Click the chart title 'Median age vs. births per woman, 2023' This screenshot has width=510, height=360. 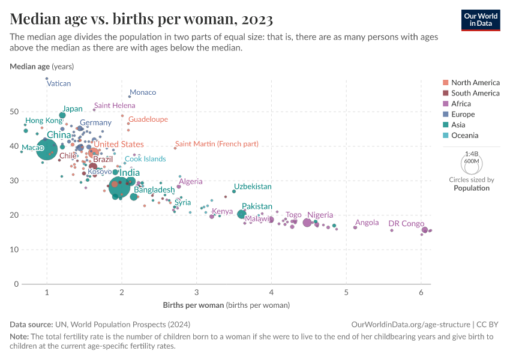point(142,19)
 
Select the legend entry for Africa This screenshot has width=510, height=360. point(461,104)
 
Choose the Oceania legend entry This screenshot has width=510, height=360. point(464,136)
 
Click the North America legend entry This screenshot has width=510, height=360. point(475,83)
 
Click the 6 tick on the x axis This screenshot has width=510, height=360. point(421,292)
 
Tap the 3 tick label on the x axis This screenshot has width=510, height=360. point(197,292)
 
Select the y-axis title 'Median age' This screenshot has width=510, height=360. point(30,67)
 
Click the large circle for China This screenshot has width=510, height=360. point(47,149)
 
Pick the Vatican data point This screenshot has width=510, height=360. point(47,79)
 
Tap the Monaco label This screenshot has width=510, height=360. point(143,92)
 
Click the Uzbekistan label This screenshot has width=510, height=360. point(252,187)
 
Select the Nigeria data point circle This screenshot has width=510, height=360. point(307,223)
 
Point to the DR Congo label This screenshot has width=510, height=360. point(406,224)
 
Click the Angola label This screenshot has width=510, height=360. point(367,223)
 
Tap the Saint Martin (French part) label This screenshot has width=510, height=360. point(217,144)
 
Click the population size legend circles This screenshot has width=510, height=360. point(471,161)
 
